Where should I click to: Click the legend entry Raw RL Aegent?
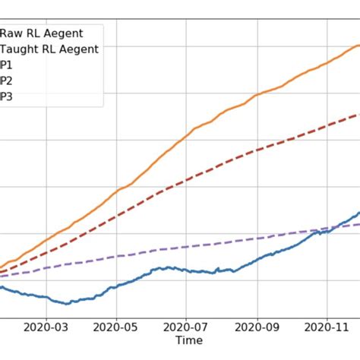[x=52, y=33]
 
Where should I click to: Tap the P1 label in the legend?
[x=6, y=65]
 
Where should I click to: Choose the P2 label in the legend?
[x=6, y=81]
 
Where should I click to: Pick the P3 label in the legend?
[x=6, y=96]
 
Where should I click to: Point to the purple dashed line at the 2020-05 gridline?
[x=116, y=256]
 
